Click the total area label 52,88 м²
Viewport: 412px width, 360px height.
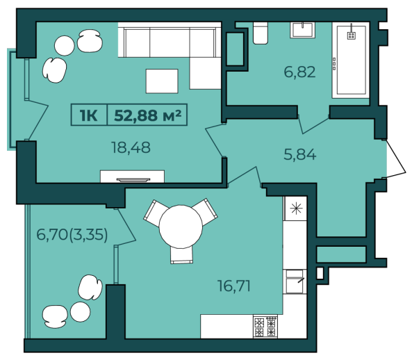pos(148,115)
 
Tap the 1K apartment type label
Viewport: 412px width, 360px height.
pos(89,115)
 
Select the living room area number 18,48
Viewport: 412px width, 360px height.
pos(131,147)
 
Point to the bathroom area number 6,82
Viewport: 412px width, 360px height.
pos(299,72)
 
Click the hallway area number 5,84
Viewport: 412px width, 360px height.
pos(300,154)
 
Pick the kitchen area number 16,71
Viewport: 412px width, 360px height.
pos(234,286)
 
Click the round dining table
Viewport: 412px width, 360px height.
pos(181,227)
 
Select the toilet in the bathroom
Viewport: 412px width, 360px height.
pos(261,33)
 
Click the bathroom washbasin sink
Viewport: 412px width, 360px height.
pos(303,30)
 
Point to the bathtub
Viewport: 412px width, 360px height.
pos(351,60)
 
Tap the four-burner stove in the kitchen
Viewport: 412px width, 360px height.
pos(265,327)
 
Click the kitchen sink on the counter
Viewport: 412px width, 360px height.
pos(295,281)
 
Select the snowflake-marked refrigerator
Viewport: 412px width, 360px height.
pos(295,208)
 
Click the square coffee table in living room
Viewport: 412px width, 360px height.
pos(162,81)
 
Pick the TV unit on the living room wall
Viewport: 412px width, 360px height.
pos(133,177)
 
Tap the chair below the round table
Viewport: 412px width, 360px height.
pos(181,254)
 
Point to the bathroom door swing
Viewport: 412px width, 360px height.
pos(313,124)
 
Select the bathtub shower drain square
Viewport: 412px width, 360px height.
pos(352,35)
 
